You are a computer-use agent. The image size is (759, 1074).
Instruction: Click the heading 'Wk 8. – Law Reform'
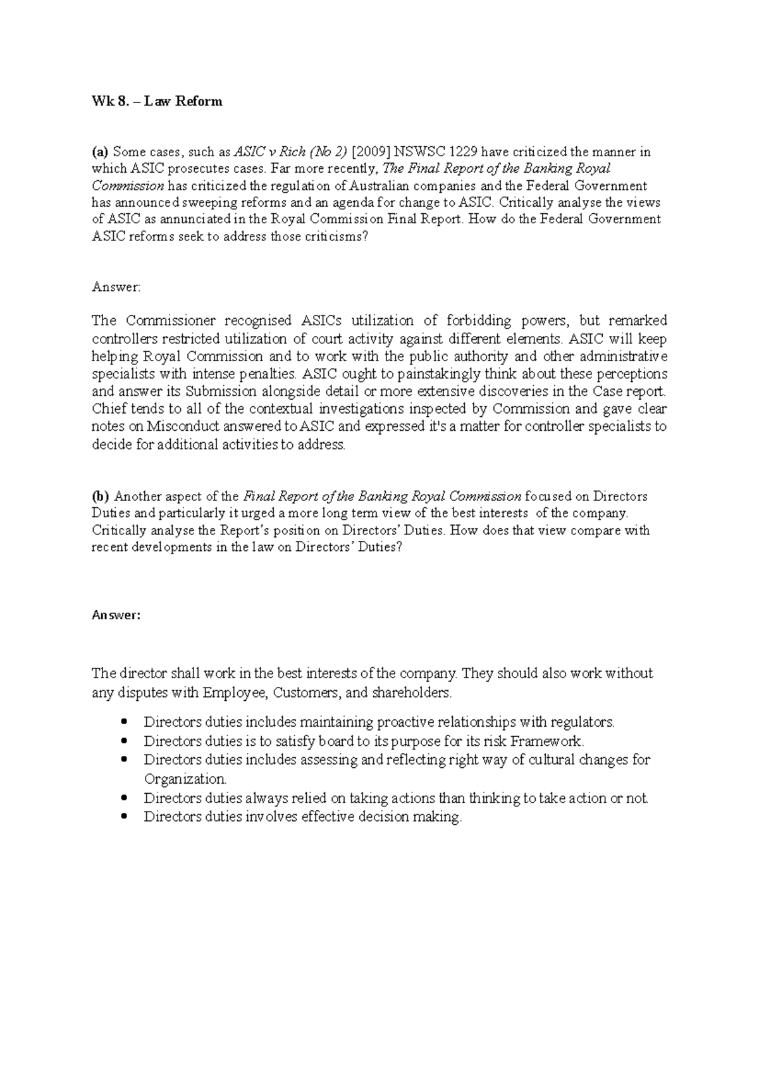(157, 101)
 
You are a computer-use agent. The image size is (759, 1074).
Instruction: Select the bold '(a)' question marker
(100, 152)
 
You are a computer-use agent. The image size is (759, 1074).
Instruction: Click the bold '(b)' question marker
(101, 496)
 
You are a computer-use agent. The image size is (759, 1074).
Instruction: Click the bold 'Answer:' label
(116, 615)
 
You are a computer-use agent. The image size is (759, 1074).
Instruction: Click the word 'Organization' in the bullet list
(184, 779)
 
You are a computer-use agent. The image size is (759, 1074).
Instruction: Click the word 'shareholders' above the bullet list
(410, 692)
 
